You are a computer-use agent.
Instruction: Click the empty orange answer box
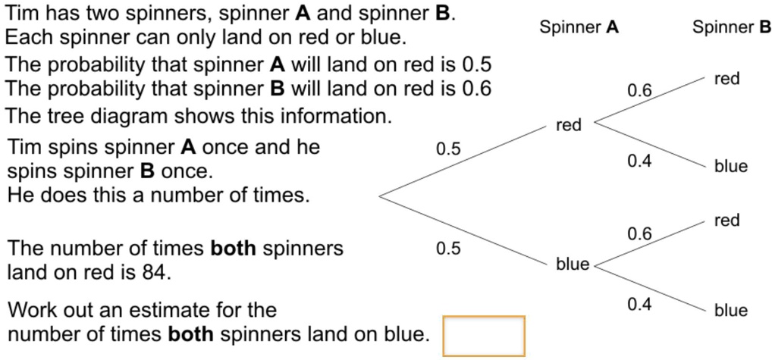484,336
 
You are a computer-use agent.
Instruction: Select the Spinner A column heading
579,28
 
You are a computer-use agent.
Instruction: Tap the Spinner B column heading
731,28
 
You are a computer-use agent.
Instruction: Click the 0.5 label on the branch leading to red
448,149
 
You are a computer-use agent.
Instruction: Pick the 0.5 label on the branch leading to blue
448,249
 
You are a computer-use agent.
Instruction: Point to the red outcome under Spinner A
568,125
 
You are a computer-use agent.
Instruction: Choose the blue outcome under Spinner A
572,264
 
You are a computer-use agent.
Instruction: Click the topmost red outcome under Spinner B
726,79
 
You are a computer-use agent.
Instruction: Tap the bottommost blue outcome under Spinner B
730,310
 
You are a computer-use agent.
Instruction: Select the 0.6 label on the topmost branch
639,91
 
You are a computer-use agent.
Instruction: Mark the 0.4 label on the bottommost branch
639,304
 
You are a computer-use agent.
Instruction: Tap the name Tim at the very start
22,14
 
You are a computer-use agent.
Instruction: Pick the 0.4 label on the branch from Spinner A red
639,161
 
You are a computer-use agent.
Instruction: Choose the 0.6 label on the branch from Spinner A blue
639,234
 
